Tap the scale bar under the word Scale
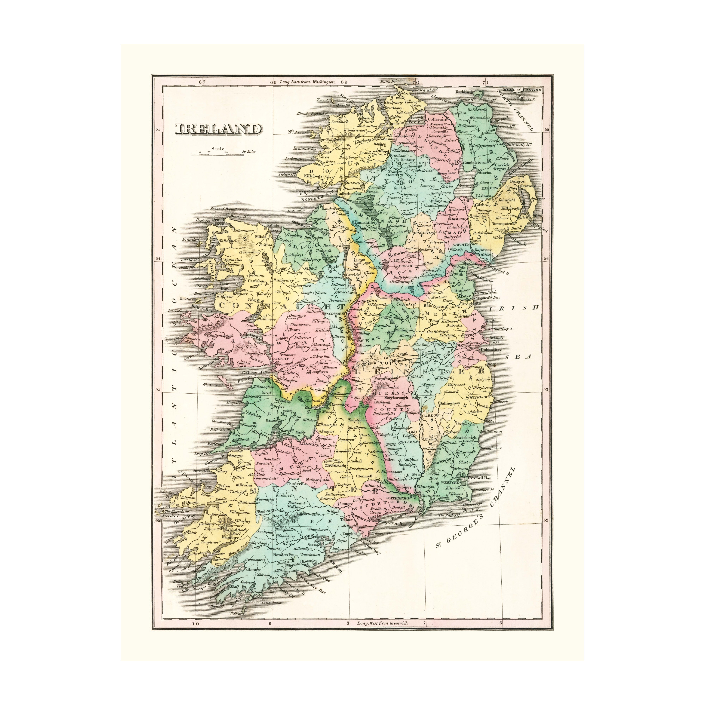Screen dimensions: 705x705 [217, 154]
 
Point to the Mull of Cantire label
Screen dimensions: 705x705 [522, 90]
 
